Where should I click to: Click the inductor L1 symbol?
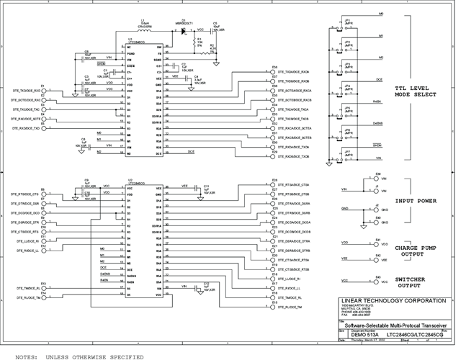[x=145, y=31]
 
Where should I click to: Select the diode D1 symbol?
[x=184, y=31]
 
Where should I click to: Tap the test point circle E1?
[x=45, y=91]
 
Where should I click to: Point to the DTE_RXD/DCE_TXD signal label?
[x=26, y=127]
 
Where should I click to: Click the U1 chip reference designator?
[x=130, y=39]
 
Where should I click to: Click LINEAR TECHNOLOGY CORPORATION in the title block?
[x=399, y=300]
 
